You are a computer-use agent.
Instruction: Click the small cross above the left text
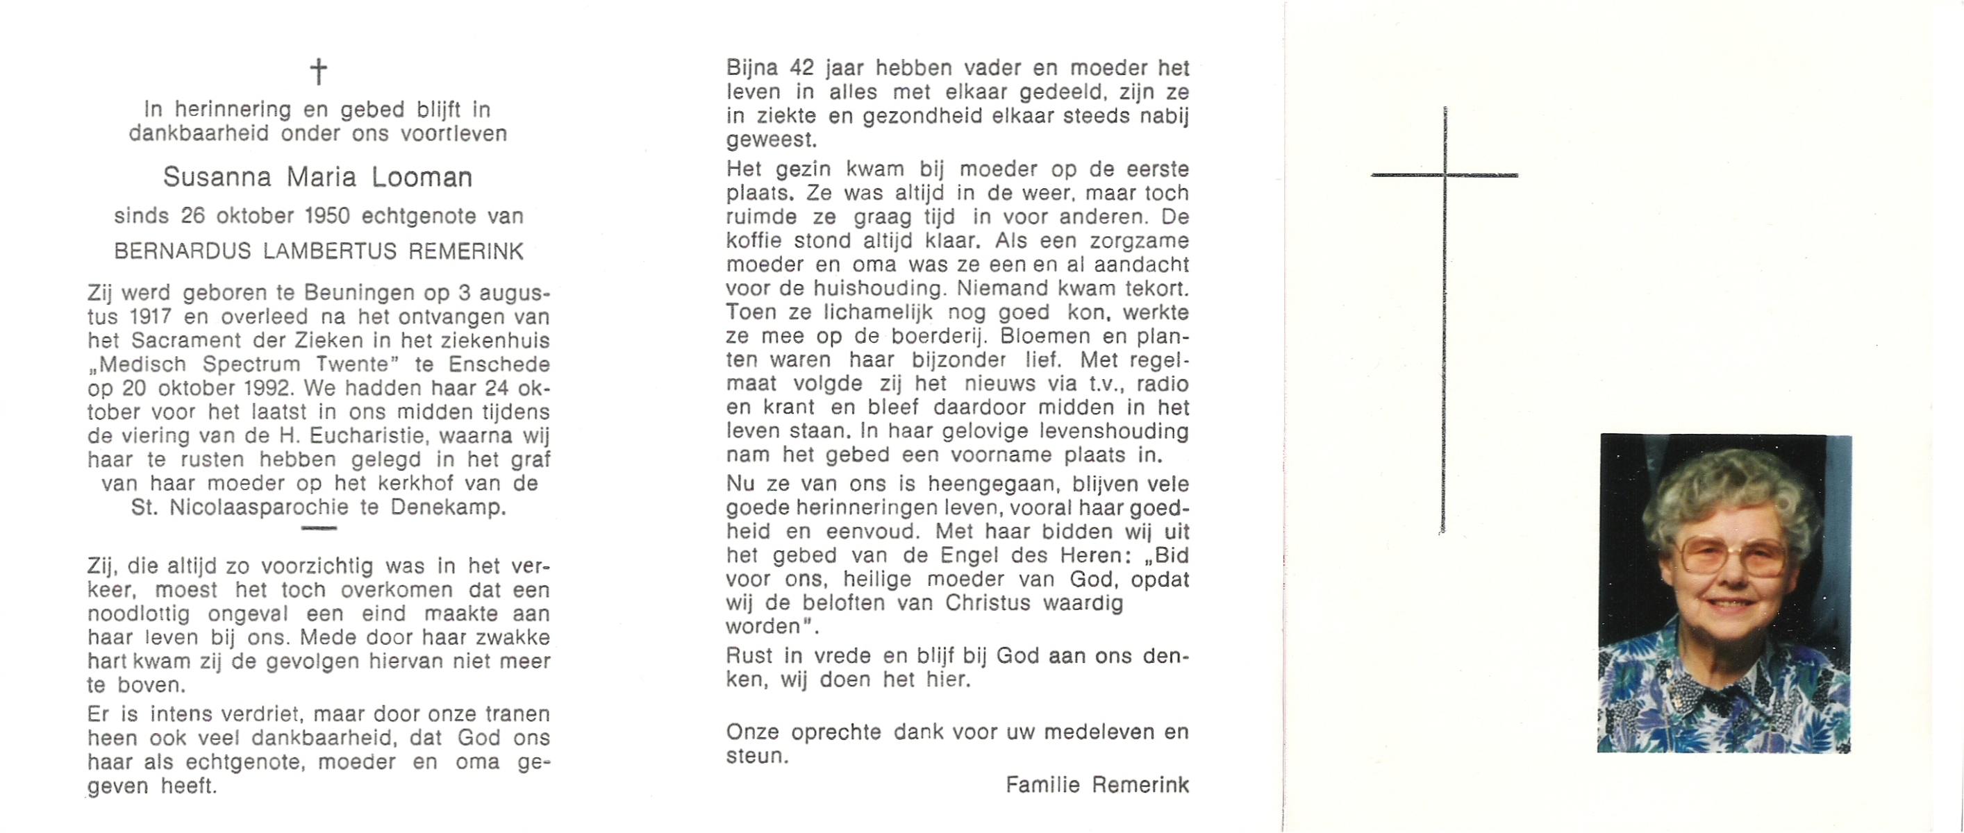(318, 72)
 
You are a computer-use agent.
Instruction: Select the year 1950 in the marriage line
(327, 217)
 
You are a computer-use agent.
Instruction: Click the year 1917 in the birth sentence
(151, 317)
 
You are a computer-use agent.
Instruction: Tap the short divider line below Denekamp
(318, 528)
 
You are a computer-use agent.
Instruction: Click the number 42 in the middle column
(802, 68)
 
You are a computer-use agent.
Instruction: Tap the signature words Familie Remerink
(1097, 785)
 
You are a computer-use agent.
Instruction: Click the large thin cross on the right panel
(1444, 320)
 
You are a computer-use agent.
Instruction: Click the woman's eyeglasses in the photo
(1732, 559)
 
